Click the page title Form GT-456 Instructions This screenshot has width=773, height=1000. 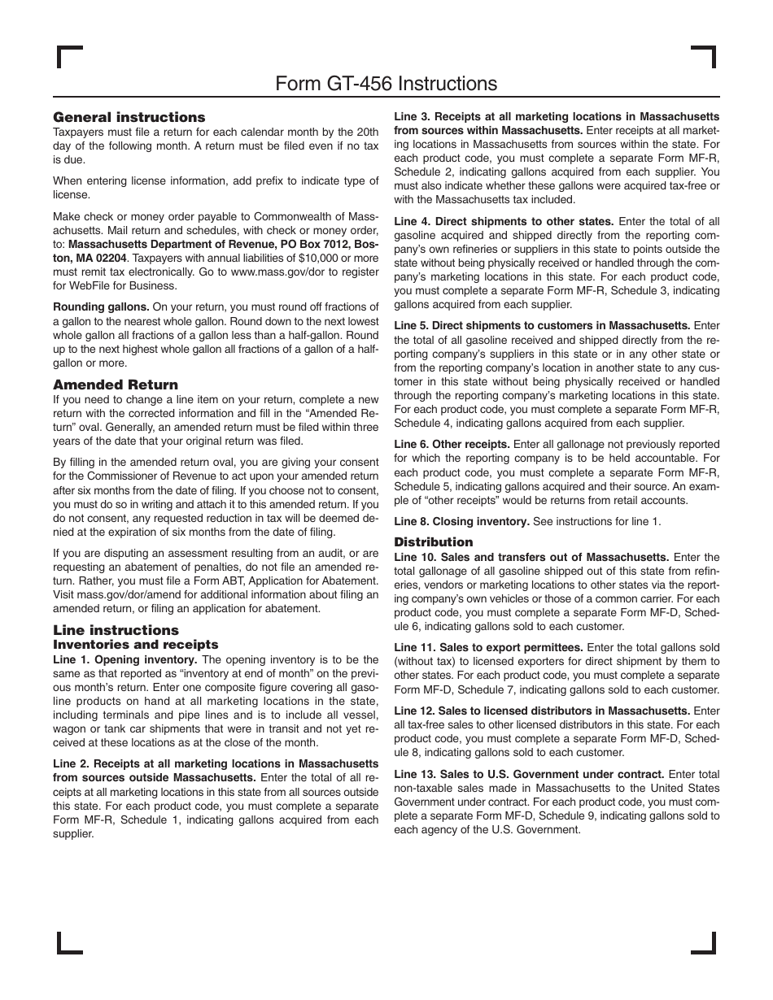(386, 84)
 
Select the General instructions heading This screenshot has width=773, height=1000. (129, 117)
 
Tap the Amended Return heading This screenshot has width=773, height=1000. (116, 385)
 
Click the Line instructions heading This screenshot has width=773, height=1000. (116, 630)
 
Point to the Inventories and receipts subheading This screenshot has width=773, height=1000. (136, 645)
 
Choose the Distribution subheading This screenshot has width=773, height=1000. (433, 541)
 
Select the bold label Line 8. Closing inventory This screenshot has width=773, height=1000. (461, 521)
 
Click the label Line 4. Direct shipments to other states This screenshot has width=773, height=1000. (504, 221)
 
